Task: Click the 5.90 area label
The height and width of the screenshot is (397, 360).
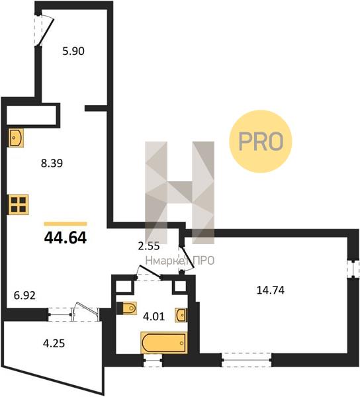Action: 73,52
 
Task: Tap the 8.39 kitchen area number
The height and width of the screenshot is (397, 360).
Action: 52,163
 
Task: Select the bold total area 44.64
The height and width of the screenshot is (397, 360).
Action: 66,238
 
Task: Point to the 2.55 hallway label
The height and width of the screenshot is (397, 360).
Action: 149,246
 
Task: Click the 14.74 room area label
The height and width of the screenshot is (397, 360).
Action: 271,290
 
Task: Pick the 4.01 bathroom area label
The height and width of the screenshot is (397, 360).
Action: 154,316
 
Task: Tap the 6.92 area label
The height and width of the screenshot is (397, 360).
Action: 24,296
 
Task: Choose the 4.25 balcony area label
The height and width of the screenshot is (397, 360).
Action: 54,343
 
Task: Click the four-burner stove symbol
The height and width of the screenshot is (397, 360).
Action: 19,204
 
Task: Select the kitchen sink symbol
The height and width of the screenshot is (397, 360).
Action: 16,138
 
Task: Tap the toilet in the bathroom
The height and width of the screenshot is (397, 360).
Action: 126,308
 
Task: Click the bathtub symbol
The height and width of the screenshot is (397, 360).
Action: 164,343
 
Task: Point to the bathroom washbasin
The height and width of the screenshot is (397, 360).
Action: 181,315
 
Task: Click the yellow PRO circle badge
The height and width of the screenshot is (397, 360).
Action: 261,142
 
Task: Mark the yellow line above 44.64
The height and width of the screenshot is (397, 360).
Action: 66,224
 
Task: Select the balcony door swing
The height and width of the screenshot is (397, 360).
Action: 86,311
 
